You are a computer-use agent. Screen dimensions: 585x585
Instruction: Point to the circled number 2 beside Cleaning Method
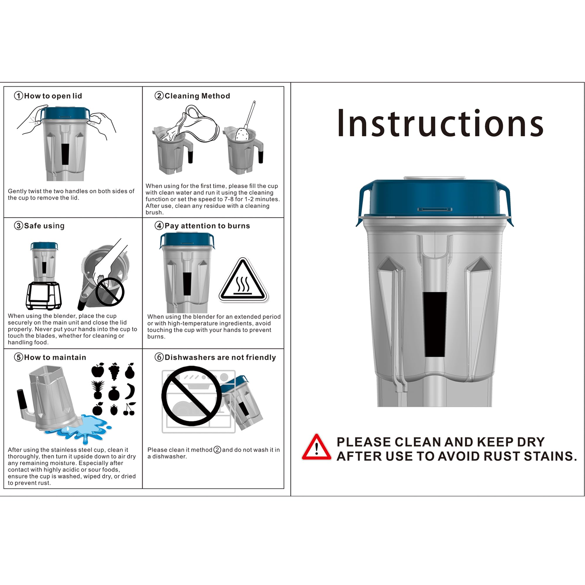pyautogui.click(x=159, y=96)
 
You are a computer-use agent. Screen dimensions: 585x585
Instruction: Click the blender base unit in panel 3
pyautogui.click(x=44, y=296)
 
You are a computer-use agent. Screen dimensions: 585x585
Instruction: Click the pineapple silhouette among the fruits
pyautogui.click(x=98, y=390)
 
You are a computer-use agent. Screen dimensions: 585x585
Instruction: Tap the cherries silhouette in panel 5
pyautogui.click(x=130, y=409)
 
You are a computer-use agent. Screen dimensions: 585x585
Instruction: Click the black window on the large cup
pyautogui.click(x=435, y=325)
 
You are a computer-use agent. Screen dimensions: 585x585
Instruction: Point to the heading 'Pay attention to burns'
pyautogui.click(x=207, y=226)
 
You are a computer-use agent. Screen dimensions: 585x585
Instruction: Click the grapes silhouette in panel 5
pyautogui.click(x=114, y=371)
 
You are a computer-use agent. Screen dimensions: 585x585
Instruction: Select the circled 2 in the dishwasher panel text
pyautogui.click(x=217, y=450)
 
